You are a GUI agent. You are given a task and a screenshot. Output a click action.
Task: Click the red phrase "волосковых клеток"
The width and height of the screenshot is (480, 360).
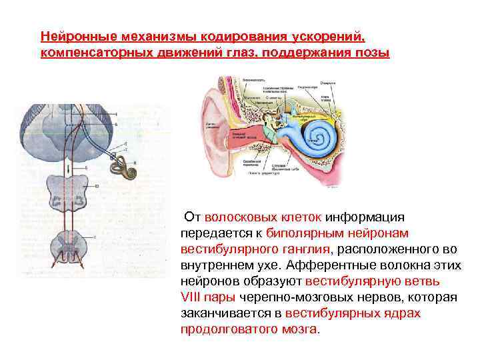tap(264, 217)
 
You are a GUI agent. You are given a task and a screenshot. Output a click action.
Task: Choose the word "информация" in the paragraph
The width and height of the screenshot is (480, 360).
tap(367, 217)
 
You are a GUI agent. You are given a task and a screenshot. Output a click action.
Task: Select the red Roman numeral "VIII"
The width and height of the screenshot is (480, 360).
tap(193, 297)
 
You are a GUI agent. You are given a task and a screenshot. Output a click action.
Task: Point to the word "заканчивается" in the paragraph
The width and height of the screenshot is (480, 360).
tap(231, 313)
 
